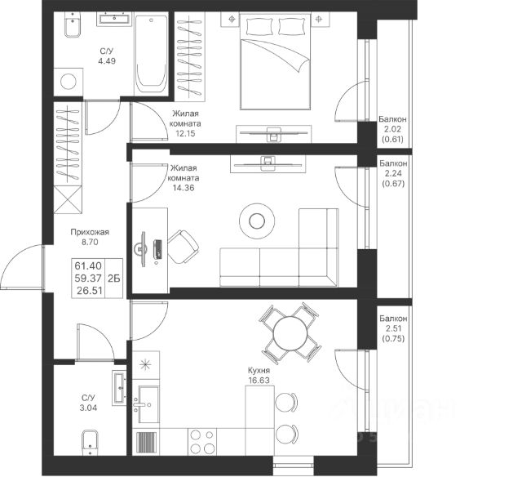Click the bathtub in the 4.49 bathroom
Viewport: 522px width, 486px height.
[x=151, y=56]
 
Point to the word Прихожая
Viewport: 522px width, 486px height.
[x=90, y=232]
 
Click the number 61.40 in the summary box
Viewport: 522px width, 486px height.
[x=88, y=266]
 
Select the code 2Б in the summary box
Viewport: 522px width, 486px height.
[x=113, y=278]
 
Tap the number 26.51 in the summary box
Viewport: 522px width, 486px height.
[x=88, y=288]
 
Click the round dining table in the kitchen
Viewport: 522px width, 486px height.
[x=289, y=332]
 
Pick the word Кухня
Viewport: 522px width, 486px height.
[x=260, y=369]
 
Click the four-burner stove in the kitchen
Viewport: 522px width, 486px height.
[x=201, y=442]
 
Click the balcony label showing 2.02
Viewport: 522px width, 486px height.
[x=394, y=129]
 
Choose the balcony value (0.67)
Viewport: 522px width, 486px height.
[x=394, y=182]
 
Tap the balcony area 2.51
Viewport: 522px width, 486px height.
[x=393, y=328]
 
